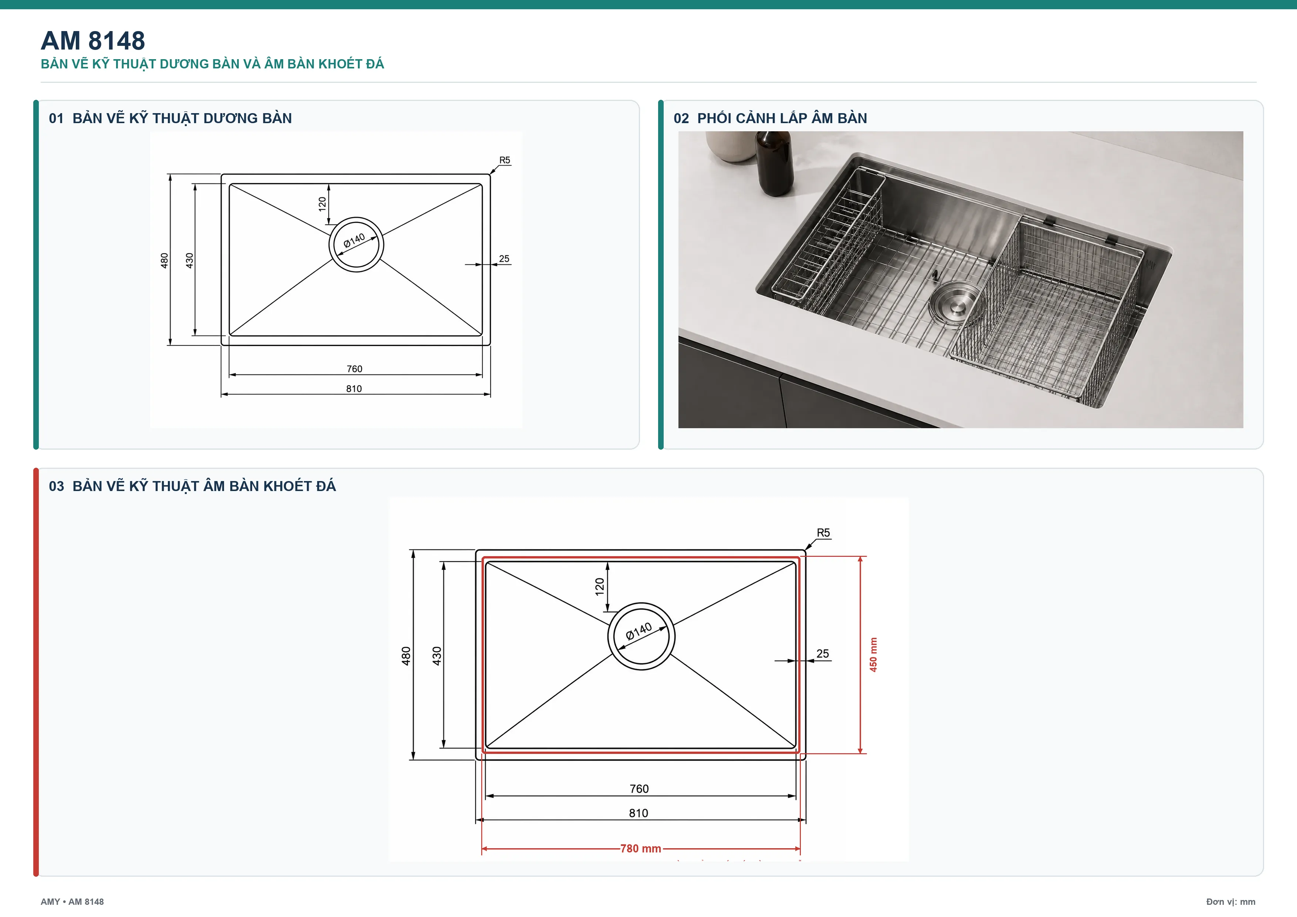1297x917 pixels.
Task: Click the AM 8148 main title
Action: click(93, 41)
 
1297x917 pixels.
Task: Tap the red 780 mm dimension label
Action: click(641, 849)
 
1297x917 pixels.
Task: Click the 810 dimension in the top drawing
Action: click(354, 389)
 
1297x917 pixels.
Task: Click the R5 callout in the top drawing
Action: click(504, 160)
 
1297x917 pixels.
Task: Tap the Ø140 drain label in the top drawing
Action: click(354, 241)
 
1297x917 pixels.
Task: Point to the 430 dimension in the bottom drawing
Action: click(437, 656)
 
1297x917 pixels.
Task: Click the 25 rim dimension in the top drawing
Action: click(504, 259)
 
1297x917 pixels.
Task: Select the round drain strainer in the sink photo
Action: click(956, 304)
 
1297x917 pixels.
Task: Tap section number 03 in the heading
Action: click(57, 487)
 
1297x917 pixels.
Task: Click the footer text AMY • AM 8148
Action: click(72, 902)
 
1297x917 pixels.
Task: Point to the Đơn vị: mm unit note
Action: click(1231, 902)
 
